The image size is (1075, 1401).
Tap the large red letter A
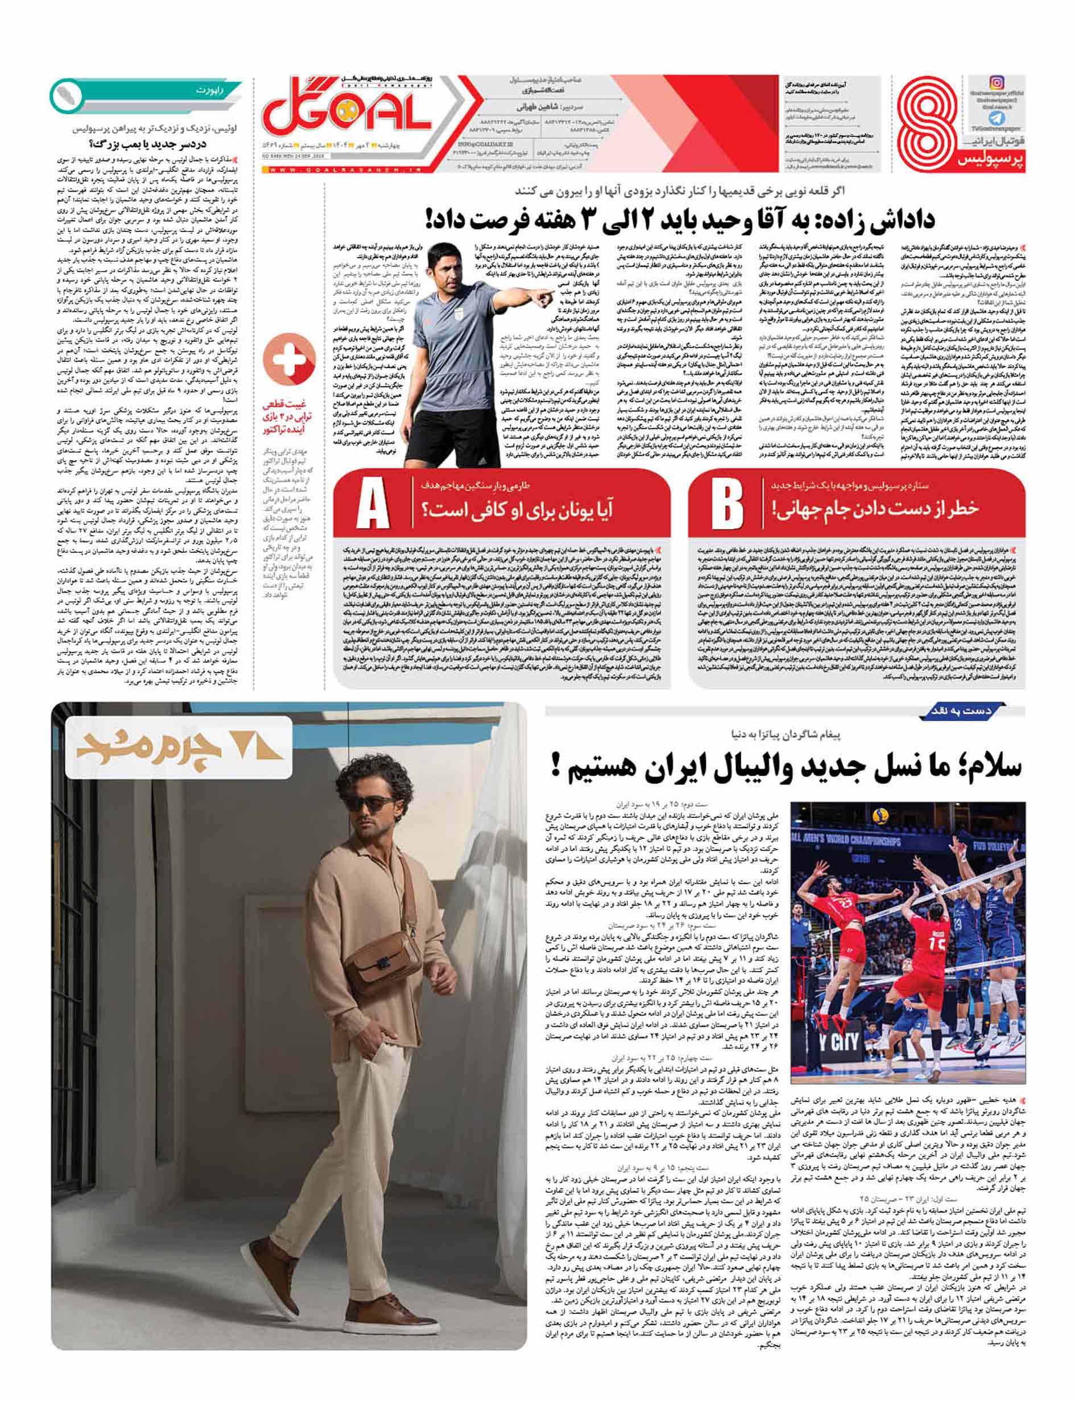(373, 506)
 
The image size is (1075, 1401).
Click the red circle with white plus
(289, 359)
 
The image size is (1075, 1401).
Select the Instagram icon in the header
(997, 82)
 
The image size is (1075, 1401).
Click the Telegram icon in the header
(997, 118)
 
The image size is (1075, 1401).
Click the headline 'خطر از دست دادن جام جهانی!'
(875, 509)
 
